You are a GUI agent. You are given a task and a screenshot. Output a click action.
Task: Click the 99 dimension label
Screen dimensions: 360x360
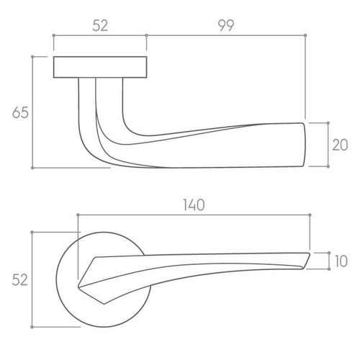[226, 25]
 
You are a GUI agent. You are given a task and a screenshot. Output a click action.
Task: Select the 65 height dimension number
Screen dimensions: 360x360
[20, 112]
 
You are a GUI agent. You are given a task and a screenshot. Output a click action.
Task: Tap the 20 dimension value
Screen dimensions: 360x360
[340, 145]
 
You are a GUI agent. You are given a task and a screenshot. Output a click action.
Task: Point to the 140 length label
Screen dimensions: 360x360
[194, 205]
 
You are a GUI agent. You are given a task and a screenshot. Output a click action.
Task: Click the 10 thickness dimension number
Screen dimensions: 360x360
[341, 261]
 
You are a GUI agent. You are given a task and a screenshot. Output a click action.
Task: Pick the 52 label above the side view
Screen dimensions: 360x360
[100, 26]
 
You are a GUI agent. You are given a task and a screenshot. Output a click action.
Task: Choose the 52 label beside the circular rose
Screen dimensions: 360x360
[20, 280]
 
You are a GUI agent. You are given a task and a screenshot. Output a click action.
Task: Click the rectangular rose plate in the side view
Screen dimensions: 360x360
[100, 67]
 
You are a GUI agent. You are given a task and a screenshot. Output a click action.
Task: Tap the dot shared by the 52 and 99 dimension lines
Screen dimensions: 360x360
[147, 35]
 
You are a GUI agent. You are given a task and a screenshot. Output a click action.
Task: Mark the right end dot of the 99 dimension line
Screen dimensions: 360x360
[305, 35]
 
